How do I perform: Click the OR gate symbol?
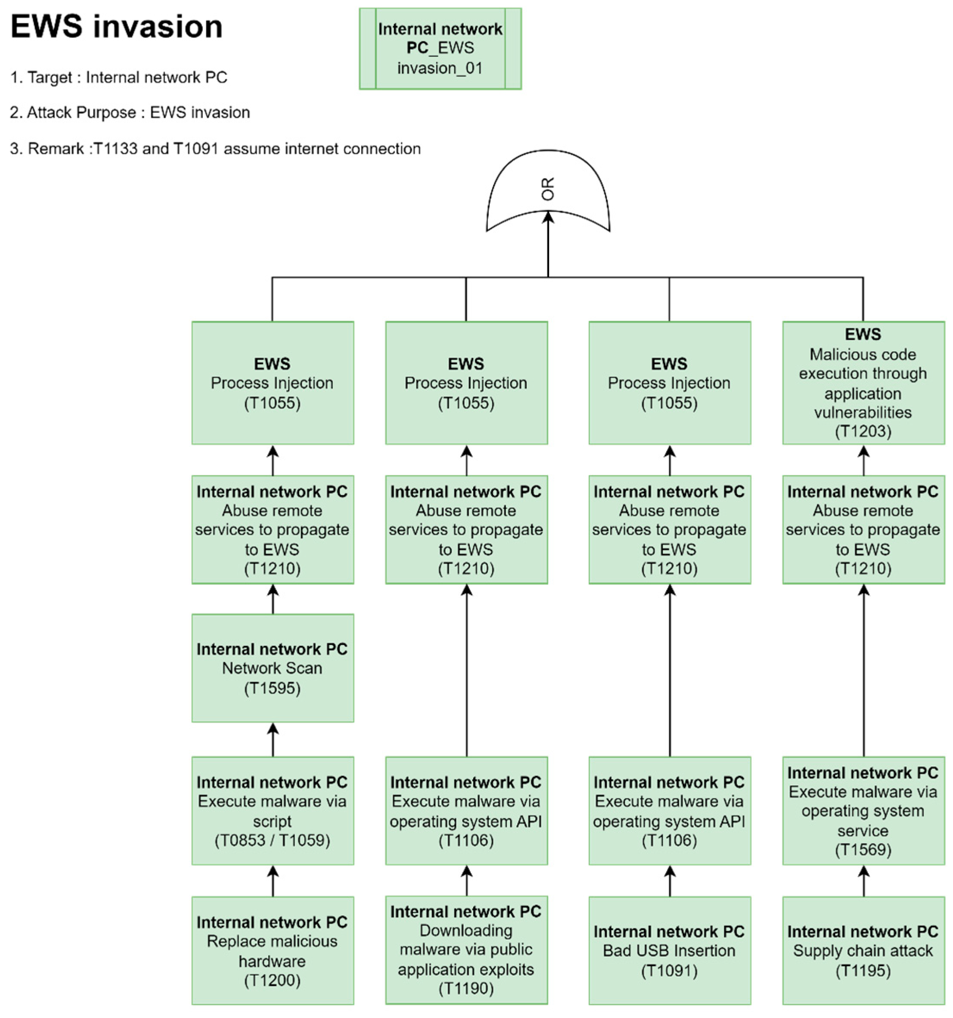pos(547,189)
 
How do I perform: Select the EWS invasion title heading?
pos(117,27)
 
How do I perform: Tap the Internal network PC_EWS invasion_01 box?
pos(440,49)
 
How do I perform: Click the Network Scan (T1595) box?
pos(273,668)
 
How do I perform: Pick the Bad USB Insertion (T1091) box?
pos(669,950)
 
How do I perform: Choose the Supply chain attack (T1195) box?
pos(863,950)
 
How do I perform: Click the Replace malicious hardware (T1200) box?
pos(273,950)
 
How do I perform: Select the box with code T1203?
pos(863,382)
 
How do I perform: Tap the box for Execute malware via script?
pos(273,810)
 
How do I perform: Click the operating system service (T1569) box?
pos(863,810)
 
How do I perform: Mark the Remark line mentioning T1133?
pos(215,149)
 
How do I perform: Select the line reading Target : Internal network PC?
pos(118,78)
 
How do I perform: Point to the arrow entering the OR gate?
pos(548,246)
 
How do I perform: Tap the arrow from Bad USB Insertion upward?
pos(670,881)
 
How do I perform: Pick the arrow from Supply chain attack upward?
pos(863,881)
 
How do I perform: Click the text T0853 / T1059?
pos(273,840)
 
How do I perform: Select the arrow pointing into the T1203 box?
pos(863,460)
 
